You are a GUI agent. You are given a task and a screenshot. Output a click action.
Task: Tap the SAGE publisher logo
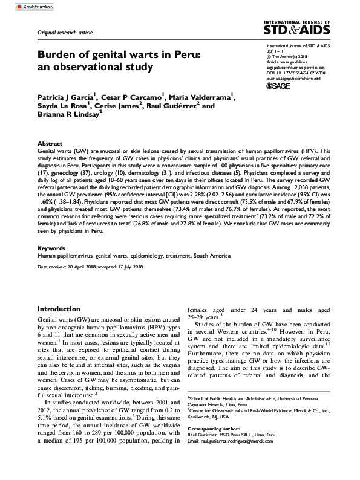tap(280, 86)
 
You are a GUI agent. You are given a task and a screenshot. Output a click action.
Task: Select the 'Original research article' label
tap(66, 31)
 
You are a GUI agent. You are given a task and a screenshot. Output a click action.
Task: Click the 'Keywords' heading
tap(51, 248)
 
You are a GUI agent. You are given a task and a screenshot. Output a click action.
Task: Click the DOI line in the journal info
tap(292, 73)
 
